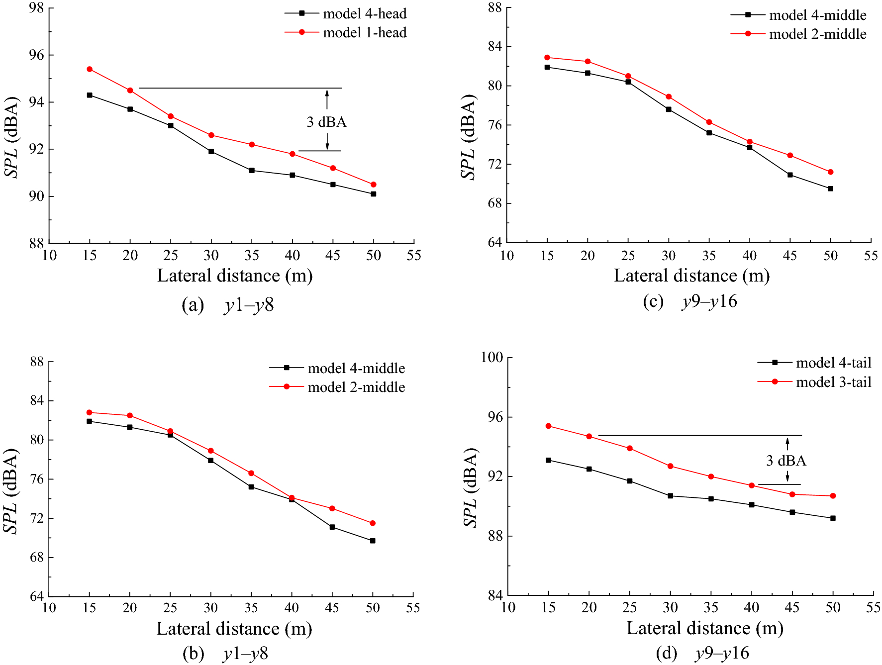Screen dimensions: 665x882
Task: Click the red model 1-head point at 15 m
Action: tap(90, 69)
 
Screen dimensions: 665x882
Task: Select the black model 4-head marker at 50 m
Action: tap(374, 194)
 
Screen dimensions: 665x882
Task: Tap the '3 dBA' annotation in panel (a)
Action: tap(326, 122)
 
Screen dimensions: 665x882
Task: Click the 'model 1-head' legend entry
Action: tap(365, 33)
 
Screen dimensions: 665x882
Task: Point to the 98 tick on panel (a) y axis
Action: tap(37, 8)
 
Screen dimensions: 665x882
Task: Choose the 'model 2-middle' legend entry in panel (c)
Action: tap(817, 34)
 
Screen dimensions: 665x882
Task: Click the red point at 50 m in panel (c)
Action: tap(831, 172)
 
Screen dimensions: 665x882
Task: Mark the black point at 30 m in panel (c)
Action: tap(669, 109)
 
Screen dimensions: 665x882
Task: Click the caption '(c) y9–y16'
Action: tap(690, 301)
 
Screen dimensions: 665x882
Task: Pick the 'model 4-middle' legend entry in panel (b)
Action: tap(356, 368)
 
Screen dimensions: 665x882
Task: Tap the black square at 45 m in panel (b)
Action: tap(332, 527)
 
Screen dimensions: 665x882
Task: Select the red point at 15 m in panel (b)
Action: tap(89, 412)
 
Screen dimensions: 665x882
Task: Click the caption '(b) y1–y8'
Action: tap(225, 654)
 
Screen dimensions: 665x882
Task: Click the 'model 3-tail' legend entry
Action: tap(834, 382)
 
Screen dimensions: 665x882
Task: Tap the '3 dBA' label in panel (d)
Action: tap(786, 461)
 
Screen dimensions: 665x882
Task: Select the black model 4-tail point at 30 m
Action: tap(671, 496)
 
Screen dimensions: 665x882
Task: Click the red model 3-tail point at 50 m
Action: tap(833, 496)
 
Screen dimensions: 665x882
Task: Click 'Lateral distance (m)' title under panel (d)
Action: tap(704, 628)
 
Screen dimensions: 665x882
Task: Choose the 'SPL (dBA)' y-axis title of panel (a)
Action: tap(11, 137)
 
